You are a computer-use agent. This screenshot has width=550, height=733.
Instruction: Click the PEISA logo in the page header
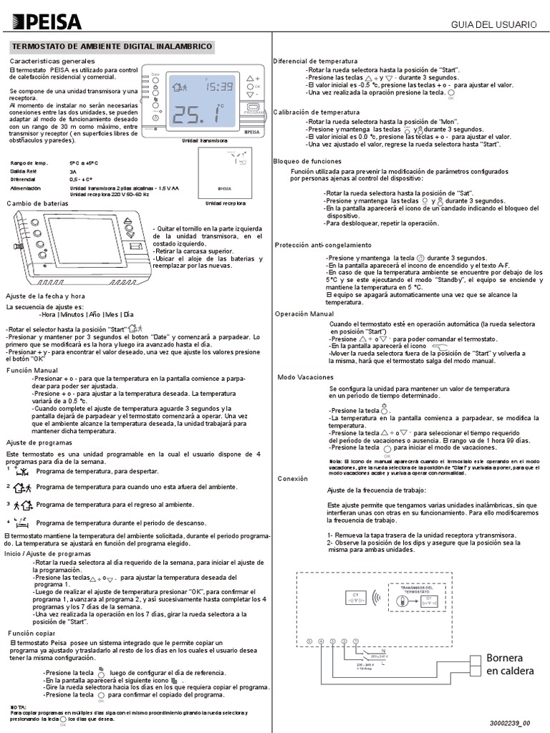click(44, 22)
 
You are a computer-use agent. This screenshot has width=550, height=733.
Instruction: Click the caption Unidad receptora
click(225, 203)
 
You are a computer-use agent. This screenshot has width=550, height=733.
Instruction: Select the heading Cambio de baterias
click(37, 203)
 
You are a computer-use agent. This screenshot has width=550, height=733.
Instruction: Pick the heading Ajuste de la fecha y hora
click(45, 296)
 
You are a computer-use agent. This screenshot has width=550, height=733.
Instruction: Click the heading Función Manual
click(32, 371)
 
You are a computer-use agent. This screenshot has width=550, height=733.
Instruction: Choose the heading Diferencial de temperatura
click(315, 62)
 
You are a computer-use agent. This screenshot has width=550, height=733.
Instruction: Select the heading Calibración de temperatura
click(317, 112)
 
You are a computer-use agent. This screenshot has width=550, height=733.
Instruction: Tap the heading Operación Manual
click(304, 314)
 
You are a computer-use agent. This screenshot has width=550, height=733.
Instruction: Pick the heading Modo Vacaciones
click(305, 377)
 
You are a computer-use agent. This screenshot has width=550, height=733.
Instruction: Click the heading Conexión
click(293, 478)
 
